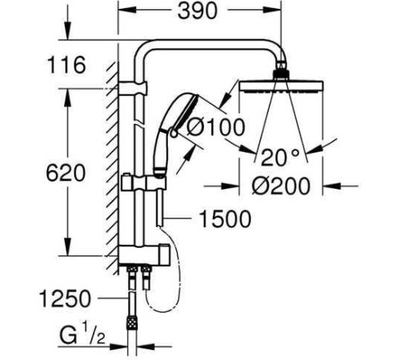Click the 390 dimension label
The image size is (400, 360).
click(x=198, y=11)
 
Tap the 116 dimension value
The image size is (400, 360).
click(x=66, y=65)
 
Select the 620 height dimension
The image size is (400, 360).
click(x=66, y=173)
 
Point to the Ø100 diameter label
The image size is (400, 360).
click(x=215, y=126)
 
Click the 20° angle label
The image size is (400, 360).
click(x=280, y=157)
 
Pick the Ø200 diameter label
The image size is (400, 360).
click(x=282, y=186)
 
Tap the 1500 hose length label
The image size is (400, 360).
click(x=226, y=218)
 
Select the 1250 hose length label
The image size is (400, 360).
click(x=66, y=298)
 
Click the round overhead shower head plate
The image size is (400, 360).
click(x=282, y=86)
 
